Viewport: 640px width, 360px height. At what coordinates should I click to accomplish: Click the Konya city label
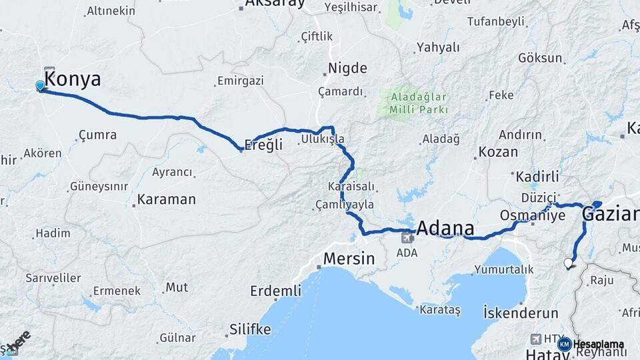(73, 80)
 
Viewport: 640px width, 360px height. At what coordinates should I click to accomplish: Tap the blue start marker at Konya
(40, 85)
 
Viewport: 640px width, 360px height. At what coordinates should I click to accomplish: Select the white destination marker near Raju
(568, 263)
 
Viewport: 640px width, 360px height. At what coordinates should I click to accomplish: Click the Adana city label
(445, 228)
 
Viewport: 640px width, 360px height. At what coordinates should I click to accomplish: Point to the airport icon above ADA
(406, 237)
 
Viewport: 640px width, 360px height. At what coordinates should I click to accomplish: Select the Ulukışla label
(323, 139)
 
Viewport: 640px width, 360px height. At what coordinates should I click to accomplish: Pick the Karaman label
(166, 199)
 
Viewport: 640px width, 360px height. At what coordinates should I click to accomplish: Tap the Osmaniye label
(533, 216)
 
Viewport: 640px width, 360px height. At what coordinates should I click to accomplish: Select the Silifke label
(250, 329)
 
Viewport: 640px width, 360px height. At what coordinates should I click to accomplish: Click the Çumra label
(97, 135)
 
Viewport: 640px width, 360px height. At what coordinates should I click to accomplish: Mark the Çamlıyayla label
(345, 205)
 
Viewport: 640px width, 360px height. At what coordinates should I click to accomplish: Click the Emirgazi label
(241, 81)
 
